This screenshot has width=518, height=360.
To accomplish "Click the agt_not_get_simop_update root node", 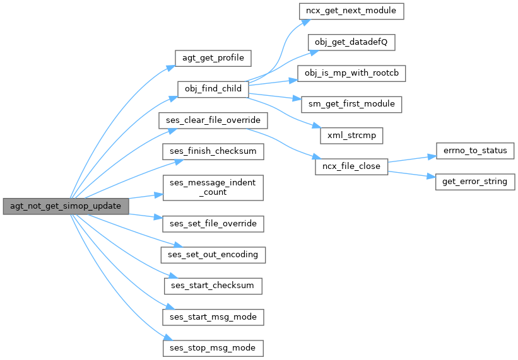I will [66, 206].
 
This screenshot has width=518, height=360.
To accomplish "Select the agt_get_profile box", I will [213, 57].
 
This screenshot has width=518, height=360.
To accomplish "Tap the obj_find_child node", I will [213, 88].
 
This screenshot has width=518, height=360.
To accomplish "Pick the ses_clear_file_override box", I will [213, 119].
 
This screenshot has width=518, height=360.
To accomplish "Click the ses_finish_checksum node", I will [213, 151].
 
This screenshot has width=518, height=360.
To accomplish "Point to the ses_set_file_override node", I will [213, 224].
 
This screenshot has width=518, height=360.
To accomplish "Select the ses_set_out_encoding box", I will [213, 255].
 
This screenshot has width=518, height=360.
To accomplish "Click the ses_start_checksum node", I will [213, 286].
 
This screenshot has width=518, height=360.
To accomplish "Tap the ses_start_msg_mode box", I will [213, 316].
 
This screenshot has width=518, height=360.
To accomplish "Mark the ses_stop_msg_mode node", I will [213, 347].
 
